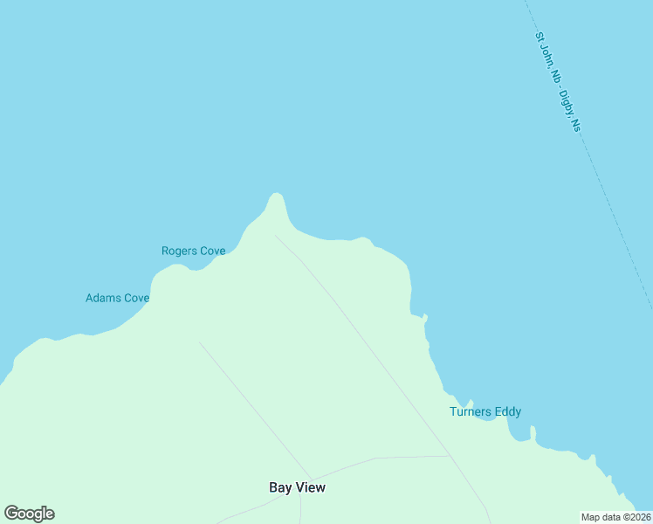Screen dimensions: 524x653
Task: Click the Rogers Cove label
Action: click(193, 251)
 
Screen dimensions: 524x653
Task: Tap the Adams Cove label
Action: click(117, 298)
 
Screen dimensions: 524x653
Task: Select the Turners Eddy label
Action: click(485, 411)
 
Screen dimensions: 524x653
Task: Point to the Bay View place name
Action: click(297, 487)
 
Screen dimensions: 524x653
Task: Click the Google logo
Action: click(29, 514)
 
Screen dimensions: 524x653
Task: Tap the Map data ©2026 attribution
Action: click(616, 517)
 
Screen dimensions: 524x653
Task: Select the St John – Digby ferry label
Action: click(558, 82)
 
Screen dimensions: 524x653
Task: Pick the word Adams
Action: click(102, 298)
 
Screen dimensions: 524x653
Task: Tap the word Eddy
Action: click(508, 411)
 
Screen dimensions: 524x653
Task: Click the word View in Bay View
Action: click(311, 487)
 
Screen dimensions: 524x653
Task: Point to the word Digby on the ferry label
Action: click(567, 104)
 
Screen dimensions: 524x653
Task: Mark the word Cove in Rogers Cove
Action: click(213, 251)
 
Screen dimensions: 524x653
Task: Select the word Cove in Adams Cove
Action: click(136, 298)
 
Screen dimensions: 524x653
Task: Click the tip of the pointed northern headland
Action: click(276, 194)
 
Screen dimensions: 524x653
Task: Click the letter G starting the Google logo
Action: click(11, 514)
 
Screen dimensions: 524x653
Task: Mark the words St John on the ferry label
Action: click(546, 52)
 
